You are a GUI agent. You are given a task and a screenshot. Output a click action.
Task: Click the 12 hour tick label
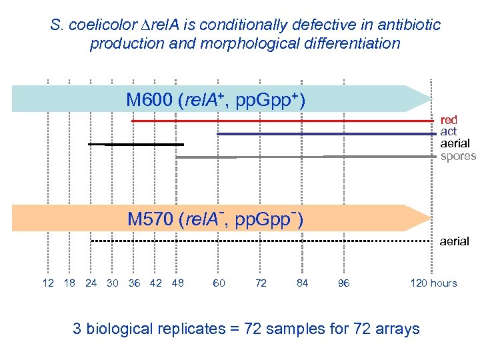point(48,283)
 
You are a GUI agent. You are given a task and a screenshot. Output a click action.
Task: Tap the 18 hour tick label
point(69,283)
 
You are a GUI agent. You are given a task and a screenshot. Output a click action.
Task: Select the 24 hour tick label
point(91,283)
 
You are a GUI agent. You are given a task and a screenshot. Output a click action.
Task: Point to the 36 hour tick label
point(134,283)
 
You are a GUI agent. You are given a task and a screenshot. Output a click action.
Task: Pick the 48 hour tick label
point(177,283)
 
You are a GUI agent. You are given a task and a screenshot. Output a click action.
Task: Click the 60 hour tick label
point(219,283)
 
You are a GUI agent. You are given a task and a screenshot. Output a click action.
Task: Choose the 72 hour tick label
point(261,283)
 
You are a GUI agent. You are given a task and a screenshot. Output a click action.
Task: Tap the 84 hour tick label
point(303,283)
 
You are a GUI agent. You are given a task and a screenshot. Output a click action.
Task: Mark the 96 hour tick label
point(344,283)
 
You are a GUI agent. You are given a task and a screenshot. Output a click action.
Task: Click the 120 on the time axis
point(419,283)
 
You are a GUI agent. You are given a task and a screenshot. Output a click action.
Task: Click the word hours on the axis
point(443,283)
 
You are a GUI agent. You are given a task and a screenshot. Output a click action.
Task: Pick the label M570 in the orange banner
point(151,219)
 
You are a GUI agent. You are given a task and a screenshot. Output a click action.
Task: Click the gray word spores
point(458,156)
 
